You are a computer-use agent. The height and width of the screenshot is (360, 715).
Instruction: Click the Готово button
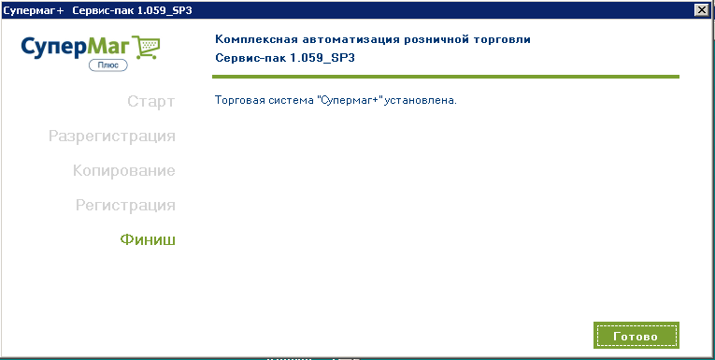point(636,336)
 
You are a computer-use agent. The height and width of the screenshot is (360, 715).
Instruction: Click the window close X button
point(700,9)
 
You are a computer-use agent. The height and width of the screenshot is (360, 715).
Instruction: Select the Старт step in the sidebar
point(150,101)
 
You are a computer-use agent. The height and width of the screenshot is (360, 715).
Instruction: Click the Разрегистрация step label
point(112,136)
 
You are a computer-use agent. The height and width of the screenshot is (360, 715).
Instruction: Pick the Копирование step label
point(124,170)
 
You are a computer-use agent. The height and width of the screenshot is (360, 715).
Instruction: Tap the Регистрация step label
point(125,206)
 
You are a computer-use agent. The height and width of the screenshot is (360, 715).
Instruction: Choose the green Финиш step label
point(148,239)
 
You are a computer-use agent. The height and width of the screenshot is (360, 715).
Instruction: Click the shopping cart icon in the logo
point(149,48)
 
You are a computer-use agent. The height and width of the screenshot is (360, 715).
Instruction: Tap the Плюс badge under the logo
point(108,65)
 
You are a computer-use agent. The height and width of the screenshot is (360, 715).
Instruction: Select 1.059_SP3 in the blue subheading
point(322,59)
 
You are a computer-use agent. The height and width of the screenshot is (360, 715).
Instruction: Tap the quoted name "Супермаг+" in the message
point(350,100)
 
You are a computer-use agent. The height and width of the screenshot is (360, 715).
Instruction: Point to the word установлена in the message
point(421,100)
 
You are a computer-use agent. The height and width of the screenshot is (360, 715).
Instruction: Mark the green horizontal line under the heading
point(446,76)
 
